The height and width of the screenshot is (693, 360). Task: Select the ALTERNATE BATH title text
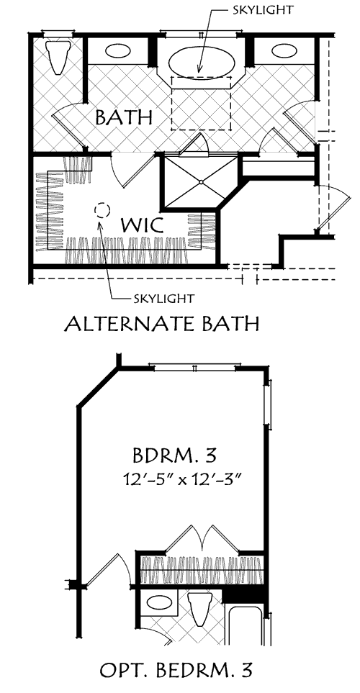[x=161, y=325]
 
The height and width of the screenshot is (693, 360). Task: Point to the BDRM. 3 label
[x=175, y=456]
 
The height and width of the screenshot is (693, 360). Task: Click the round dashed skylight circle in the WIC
[x=102, y=210]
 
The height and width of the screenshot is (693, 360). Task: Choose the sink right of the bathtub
[x=286, y=52]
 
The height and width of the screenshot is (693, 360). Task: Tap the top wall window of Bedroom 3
[x=194, y=367]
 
